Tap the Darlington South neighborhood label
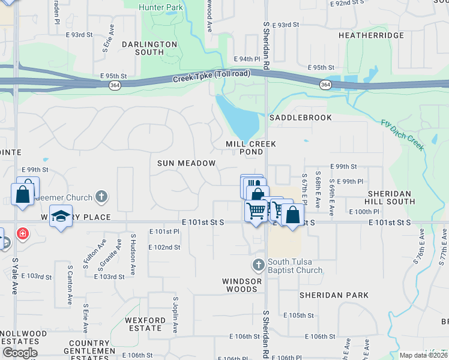point(149,48)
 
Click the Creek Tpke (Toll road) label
point(211,78)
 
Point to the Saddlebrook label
point(300,118)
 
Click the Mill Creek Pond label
point(251,148)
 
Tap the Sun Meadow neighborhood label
point(186,163)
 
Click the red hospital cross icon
point(22,232)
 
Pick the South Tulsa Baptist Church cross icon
point(258,265)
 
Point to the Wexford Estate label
point(144,324)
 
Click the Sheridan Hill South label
point(389,197)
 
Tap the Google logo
point(19,353)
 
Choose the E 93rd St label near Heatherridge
point(285,25)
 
